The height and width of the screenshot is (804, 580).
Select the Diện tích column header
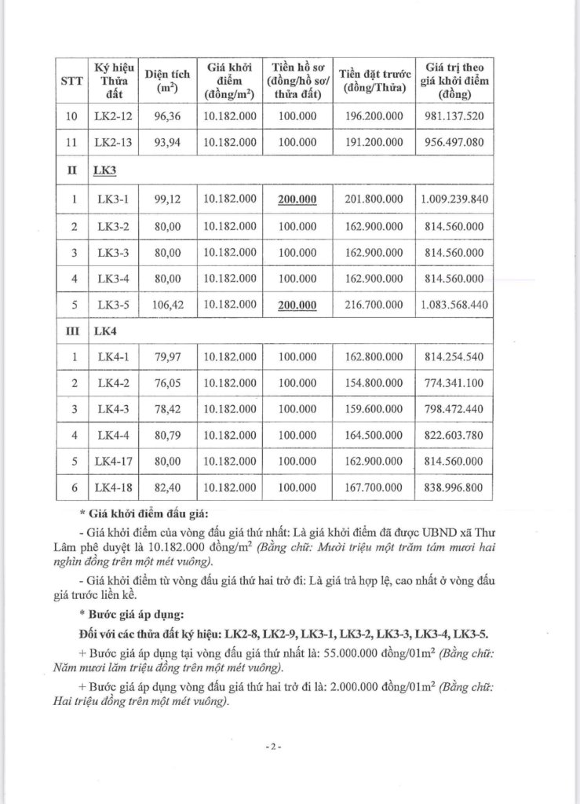(164, 82)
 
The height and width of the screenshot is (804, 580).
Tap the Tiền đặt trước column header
(374, 81)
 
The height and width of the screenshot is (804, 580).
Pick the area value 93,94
(163, 142)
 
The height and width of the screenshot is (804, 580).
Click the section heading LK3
(104, 169)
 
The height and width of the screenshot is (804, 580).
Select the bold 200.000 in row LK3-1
(297, 199)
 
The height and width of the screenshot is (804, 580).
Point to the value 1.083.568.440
(454, 305)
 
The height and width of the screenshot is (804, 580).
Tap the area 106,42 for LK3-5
(163, 305)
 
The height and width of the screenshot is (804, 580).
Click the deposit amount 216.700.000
(374, 305)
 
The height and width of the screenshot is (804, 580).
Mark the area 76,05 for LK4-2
(163, 383)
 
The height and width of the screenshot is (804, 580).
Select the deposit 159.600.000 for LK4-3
(374, 409)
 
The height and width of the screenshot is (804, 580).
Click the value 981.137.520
(454, 116)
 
